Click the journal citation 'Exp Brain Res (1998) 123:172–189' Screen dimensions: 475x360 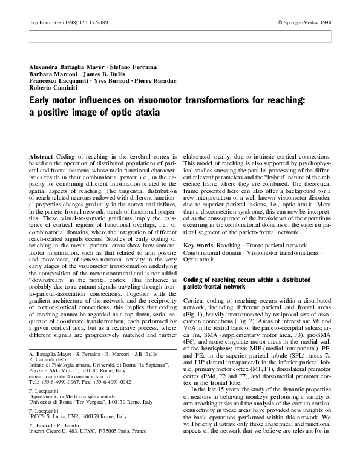tap(60, 22)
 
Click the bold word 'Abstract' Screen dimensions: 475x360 tap(41, 156)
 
